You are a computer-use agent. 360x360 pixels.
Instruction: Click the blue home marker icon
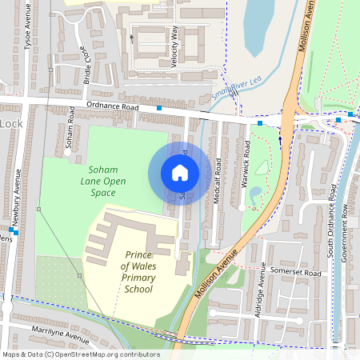180,173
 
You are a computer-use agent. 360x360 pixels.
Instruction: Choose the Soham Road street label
70,132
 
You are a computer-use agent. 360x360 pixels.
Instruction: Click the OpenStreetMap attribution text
81,354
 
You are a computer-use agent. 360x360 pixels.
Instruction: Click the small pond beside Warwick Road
255,194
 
